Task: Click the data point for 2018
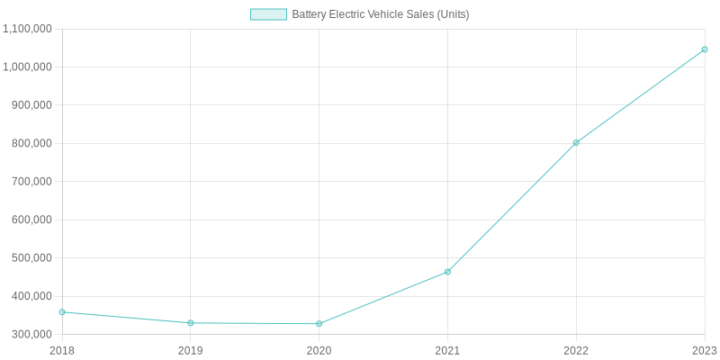click(x=62, y=312)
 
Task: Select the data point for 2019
click(x=191, y=323)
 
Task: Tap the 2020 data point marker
click(x=319, y=324)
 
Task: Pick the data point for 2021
click(x=447, y=272)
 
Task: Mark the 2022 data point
click(x=576, y=143)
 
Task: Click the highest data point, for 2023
click(x=705, y=49)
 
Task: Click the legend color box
click(x=268, y=14)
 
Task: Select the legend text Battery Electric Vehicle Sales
click(x=380, y=14)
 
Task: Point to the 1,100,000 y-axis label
click(x=28, y=29)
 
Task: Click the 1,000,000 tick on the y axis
click(x=28, y=67)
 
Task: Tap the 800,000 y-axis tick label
click(x=32, y=144)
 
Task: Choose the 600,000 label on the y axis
click(x=32, y=220)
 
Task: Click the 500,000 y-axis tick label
click(x=32, y=258)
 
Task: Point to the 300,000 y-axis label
click(x=32, y=335)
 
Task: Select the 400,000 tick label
click(x=32, y=297)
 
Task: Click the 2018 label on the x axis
click(x=62, y=350)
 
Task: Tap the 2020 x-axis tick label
click(x=319, y=350)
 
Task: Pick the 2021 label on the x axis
click(x=447, y=350)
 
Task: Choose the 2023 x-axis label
click(x=704, y=350)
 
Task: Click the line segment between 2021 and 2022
click(x=512, y=207)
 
